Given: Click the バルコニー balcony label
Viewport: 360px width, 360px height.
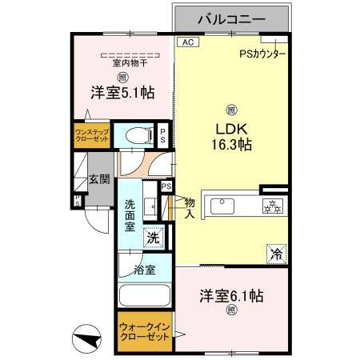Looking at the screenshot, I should (232, 17).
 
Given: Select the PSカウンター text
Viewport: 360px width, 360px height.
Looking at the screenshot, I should (262, 54).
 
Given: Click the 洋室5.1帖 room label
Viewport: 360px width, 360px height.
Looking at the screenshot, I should (122, 94).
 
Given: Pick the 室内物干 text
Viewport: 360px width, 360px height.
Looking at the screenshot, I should (122, 63).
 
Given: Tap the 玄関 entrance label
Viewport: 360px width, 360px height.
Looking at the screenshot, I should (98, 179).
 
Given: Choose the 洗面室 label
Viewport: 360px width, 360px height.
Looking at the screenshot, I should (130, 216).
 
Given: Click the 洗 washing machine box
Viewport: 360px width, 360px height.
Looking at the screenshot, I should (154, 237).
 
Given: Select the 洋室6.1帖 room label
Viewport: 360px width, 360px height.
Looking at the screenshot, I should (231, 295).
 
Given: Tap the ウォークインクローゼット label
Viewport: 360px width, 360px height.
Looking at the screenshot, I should (144, 332).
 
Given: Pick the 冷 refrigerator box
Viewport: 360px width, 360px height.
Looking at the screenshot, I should (276, 255).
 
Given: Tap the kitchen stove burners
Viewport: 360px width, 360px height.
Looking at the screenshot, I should (273, 206).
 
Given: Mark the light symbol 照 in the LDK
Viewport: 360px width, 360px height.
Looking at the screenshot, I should (231, 110).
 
